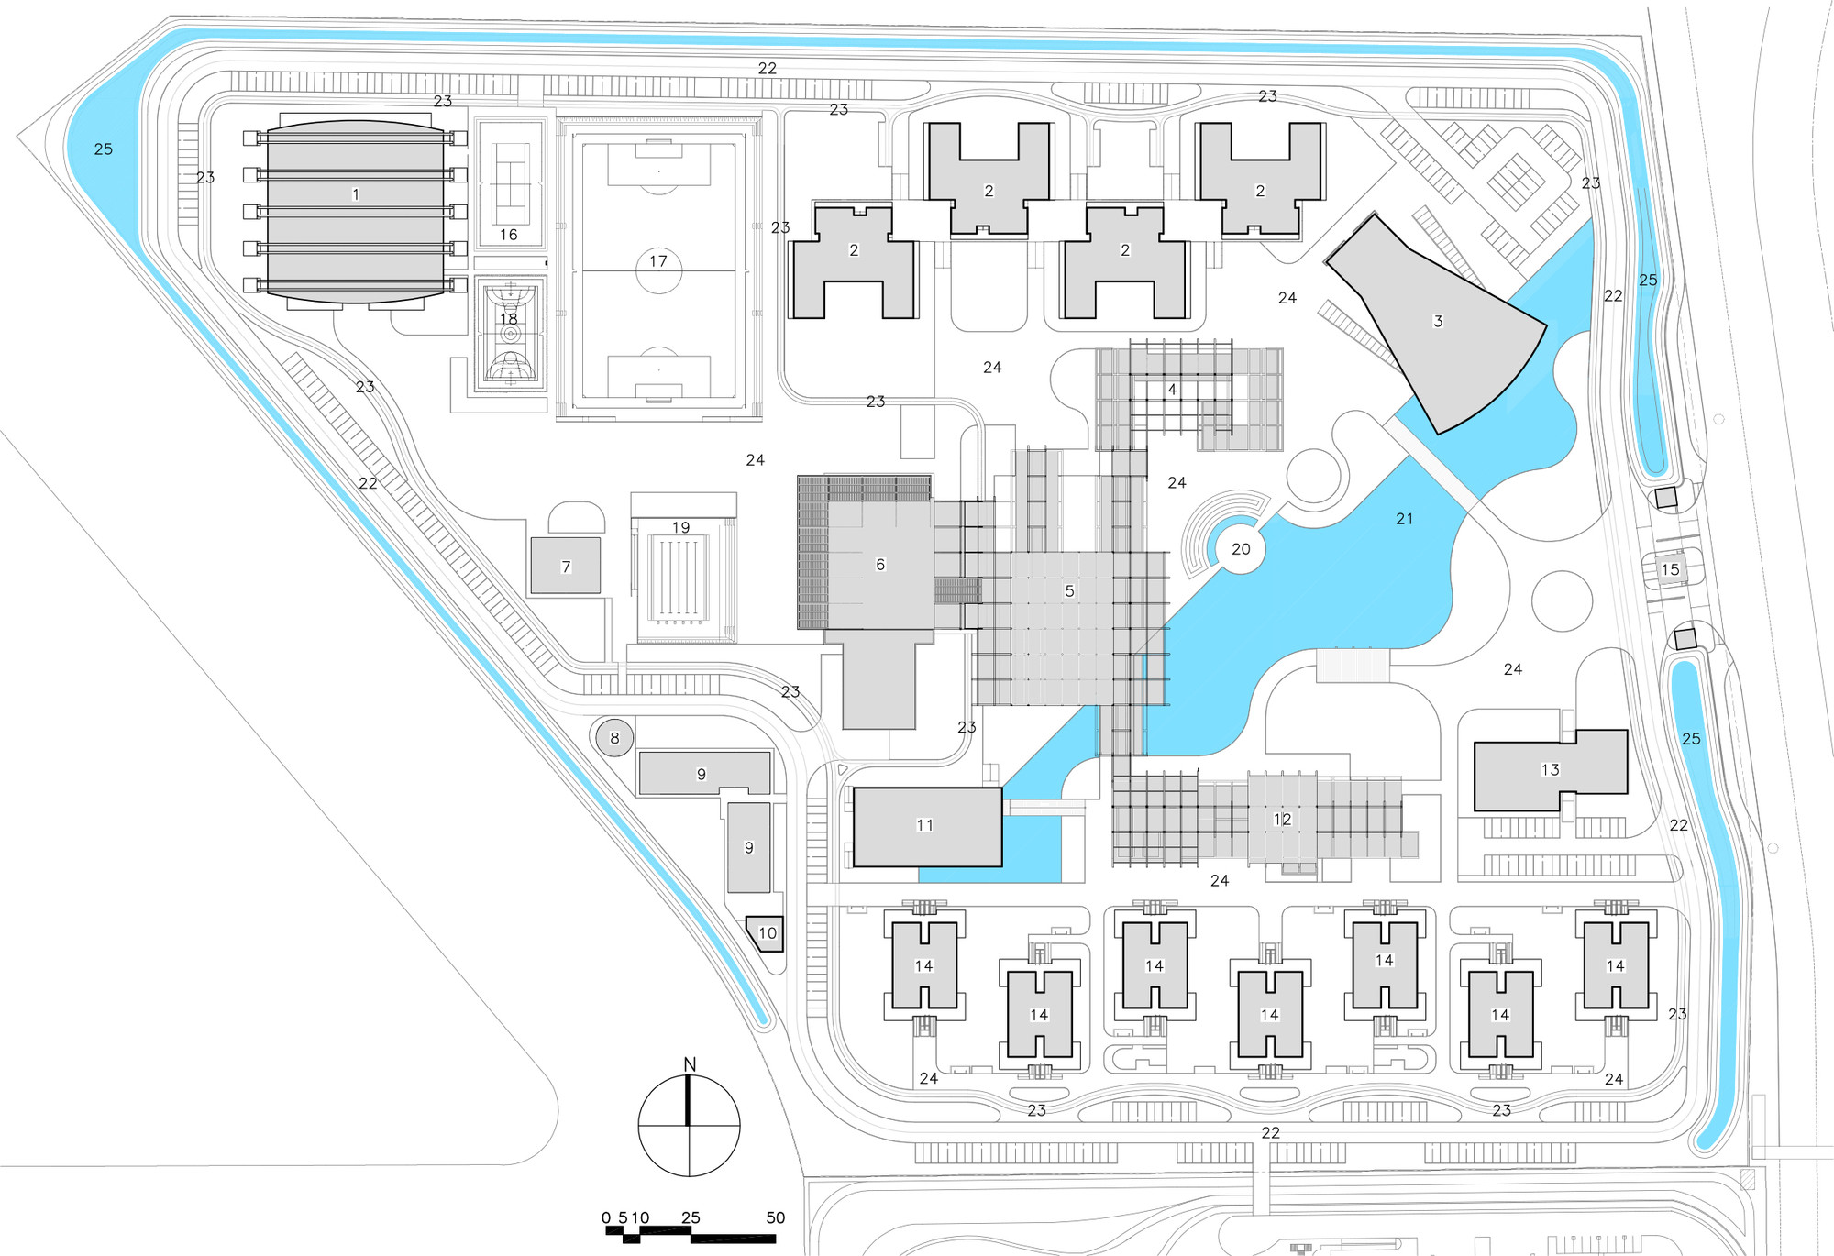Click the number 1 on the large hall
coord(356,194)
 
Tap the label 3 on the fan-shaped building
coord(1438,321)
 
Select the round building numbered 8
coord(614,737)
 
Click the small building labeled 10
coord(766,934)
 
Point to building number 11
coord(927,826)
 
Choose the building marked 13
coord(1551,770)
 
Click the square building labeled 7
coord(566,566)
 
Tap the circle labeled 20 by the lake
coord(1241,549)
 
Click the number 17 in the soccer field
coord(658,261)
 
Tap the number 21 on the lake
coord(1404,519)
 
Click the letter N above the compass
coord(690,1064)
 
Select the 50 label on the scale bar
coord(776,1217)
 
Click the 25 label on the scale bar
coord(691,1217)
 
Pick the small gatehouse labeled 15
coord(1671,569)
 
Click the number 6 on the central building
coord(880,565)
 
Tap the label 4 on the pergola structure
coord(1172,390)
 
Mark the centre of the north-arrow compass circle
coord(690,1125)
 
